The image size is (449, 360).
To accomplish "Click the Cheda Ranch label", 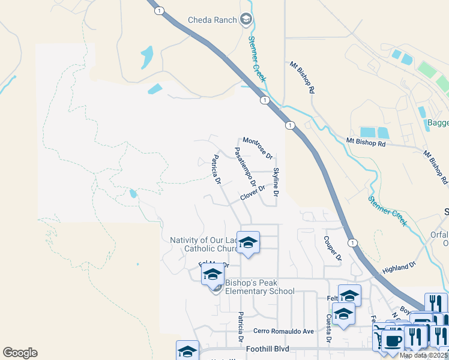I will point(213,20).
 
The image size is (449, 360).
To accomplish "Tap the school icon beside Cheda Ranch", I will point(246,20).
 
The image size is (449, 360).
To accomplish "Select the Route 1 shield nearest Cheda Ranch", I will point(158,10).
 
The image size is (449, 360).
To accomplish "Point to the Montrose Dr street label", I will point(258,148).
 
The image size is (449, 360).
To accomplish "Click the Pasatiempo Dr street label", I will point(245,166).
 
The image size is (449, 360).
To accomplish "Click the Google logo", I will point(20,353).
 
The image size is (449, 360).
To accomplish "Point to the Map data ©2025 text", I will point(423,355).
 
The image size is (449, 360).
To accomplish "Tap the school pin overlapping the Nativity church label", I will point(248,243).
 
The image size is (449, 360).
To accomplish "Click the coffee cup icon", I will point(394,341).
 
